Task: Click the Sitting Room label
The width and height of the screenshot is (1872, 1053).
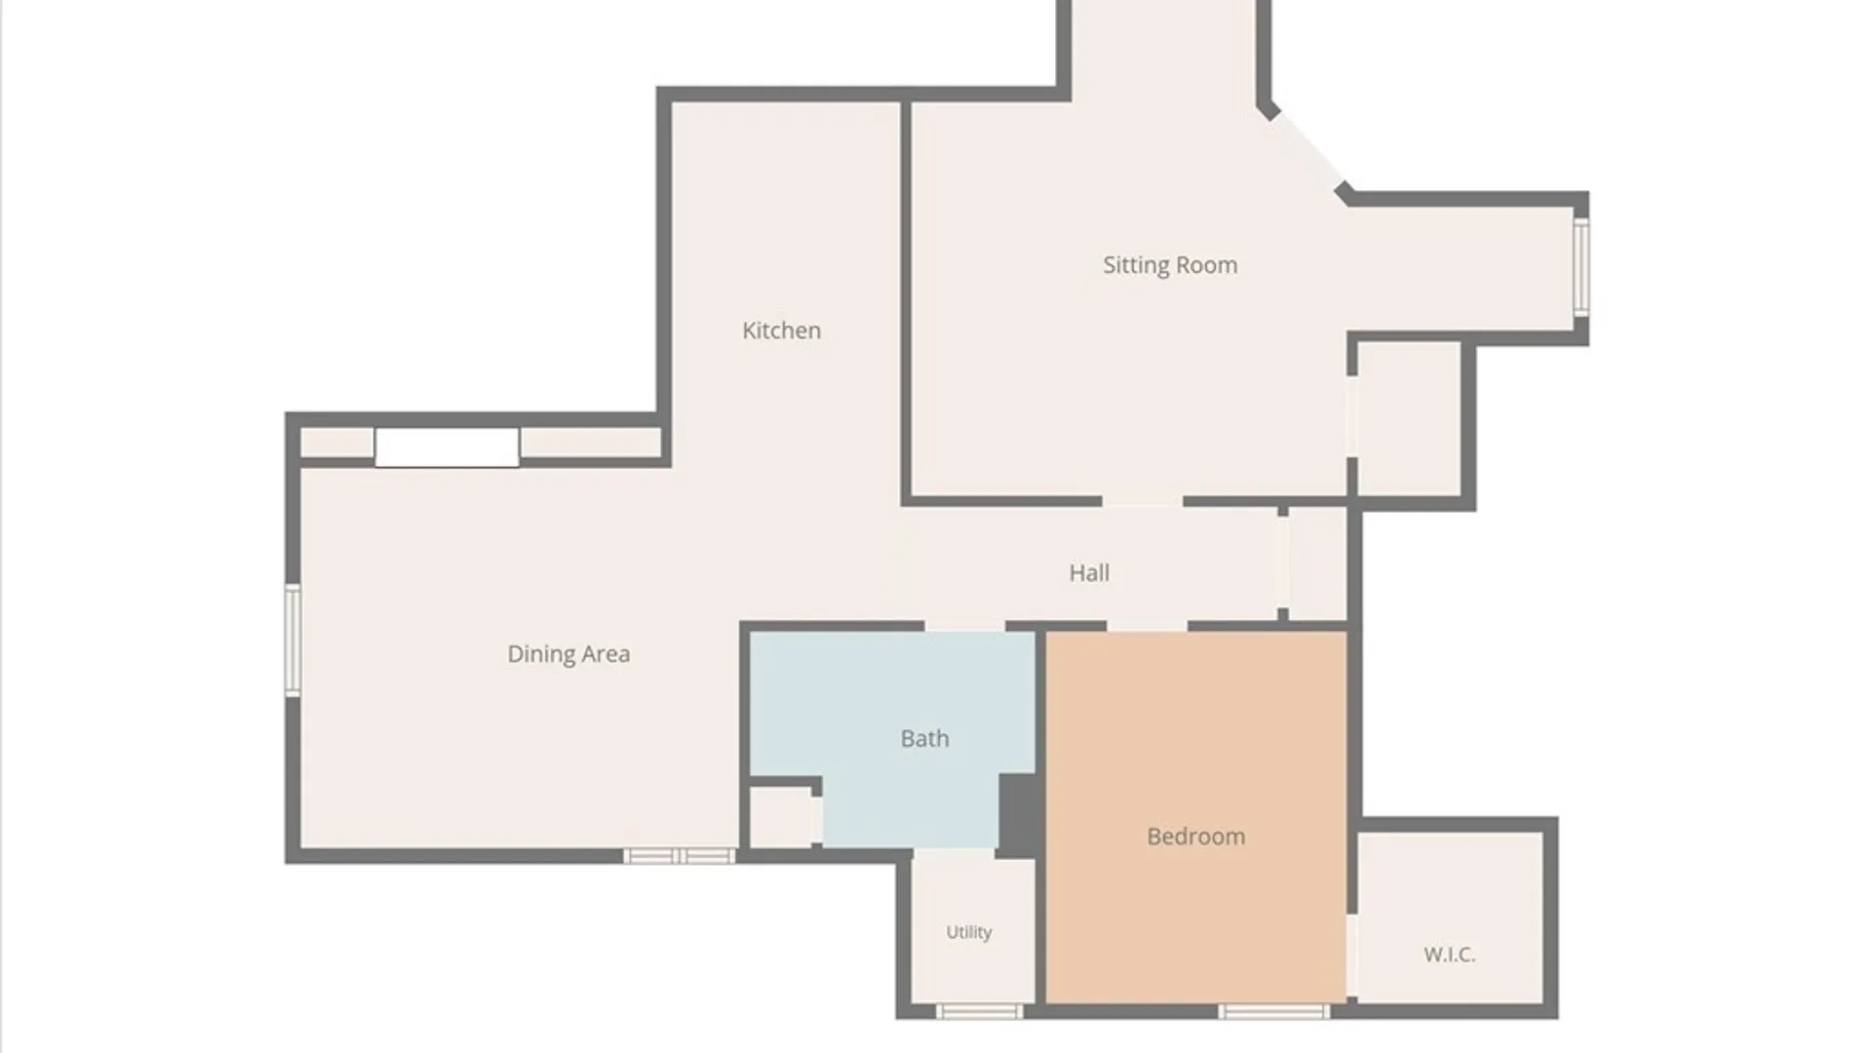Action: coord(1170,265)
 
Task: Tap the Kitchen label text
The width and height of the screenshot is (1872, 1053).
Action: coord(781,331)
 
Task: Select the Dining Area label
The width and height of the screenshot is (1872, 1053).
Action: coord(568,654)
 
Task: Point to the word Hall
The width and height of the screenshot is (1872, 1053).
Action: coord(1089,572)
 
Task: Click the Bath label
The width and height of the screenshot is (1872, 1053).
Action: coord(924,738)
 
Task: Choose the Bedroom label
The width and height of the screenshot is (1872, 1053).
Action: coord(1195,837)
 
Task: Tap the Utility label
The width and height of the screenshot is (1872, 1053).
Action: coord(969,932)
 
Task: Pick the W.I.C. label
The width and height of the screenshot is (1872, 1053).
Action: coord(1449,955)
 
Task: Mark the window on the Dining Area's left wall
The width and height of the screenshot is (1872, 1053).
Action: coord(292,640)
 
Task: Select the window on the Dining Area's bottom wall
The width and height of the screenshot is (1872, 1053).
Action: coord(680,856)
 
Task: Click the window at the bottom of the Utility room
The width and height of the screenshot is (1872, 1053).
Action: coord(980,1012)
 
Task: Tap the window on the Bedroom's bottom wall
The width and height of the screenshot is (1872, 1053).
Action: coord(1274,1012)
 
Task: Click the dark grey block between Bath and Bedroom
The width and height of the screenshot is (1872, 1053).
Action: coord(1020,815)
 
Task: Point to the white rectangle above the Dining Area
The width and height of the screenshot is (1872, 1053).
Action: coord(447,448)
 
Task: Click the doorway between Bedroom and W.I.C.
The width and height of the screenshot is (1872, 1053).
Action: coord(1353,955)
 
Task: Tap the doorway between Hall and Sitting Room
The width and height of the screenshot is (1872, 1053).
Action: coord(1142,500)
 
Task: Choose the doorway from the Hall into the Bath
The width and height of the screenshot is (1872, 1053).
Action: coord(964,626)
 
